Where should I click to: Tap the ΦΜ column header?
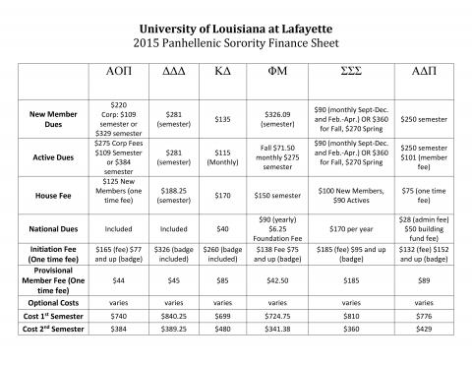point(276,75)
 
